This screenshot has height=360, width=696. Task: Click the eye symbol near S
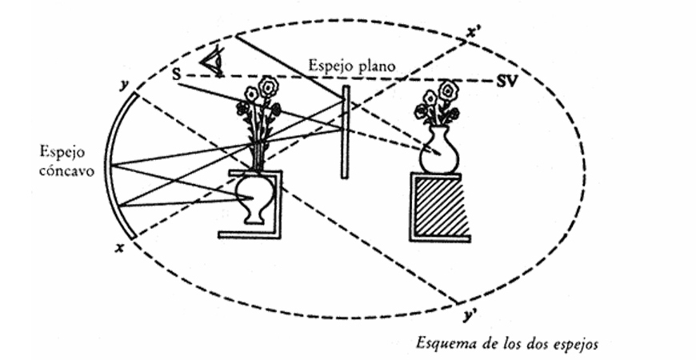pyautogui.click(x=211, y=61)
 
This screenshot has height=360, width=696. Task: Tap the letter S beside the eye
pyautogui.click(x=176, y=74)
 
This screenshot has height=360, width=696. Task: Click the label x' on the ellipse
pyautogui.click(x=474, y=33)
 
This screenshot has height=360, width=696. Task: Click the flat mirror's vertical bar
pyautogui.click(x=345, y=132)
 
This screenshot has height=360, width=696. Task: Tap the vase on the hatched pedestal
pyautogui.click(x=439, y=150)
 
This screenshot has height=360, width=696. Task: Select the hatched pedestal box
pyautogui.click(x=439, y=207)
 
